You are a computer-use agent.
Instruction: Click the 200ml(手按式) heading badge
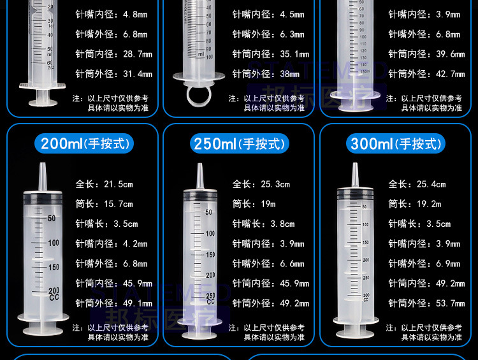[x=85, y=144]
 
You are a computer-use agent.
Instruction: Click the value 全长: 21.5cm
[x=104, y=184]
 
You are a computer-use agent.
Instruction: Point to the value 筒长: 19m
[x=254, y=204]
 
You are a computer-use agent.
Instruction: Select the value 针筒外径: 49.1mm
[x=113, y=303]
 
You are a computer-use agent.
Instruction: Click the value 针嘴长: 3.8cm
[x=263, y=224]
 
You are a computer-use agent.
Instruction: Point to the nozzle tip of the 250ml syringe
[x=199, y=168]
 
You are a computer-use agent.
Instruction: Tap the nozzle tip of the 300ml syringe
[x=355, y=168]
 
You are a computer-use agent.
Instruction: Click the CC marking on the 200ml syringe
[x=53, y=297]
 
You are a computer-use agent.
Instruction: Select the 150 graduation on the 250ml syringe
[x=210, y=254]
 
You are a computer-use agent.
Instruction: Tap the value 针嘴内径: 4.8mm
[x=111, y=14]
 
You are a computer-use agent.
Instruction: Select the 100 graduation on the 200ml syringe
[x=53, y=243]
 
